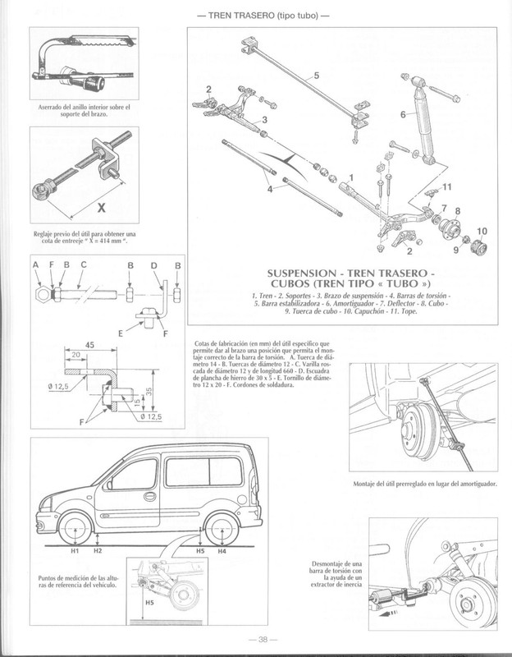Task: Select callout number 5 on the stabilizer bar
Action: coord(315,76)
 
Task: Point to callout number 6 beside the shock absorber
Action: coord(403,116)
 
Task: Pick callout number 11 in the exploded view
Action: coord(446,188)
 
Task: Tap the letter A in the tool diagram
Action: coord(37,265)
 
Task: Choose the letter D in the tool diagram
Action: coord(154,265)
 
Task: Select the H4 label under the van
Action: coord(222,552)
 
